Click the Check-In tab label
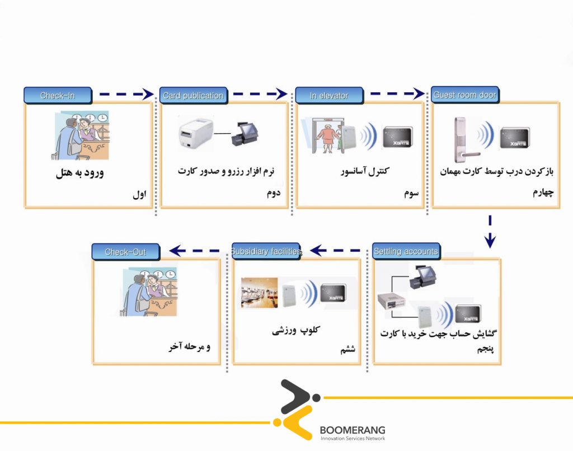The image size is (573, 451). (57, 96)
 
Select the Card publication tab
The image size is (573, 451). (193, 96)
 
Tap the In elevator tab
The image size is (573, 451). (329, 96)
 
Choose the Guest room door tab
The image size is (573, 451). (464, 95)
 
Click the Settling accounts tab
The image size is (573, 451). (406, 252)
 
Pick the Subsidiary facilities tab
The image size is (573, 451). (266, 252)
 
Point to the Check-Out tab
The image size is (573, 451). (125, 252)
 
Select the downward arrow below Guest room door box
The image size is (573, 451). (490, 231)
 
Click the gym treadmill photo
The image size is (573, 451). (259, 293)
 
